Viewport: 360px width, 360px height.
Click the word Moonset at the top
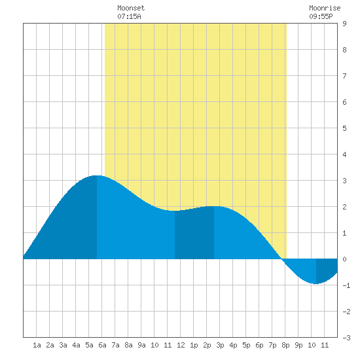click(131, 8)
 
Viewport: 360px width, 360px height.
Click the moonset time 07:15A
click(129, 16)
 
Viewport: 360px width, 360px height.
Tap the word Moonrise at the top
click(325, 8)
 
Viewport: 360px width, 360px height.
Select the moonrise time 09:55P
click(321, 16)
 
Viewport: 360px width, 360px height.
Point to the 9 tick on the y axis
click(344, 24)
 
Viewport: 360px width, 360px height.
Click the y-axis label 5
click(344, 128)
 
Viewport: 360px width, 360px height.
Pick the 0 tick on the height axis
click(344, 259)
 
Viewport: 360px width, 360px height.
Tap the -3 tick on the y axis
click(346, 338)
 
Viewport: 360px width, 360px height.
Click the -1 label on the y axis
click(346, 285)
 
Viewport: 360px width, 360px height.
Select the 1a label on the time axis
click(37, 345)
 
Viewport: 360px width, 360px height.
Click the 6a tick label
click(102, 345)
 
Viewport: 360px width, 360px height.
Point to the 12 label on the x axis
click(181, 345)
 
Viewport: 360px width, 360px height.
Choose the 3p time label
click(220, 345)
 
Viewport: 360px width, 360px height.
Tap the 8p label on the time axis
click(285, 345)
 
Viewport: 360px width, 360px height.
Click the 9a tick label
click(141, 345)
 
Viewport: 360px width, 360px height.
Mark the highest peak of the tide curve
click(97, 175)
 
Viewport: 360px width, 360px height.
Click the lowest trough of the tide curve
click(316, 284)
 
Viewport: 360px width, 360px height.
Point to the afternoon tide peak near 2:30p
click(214, 206)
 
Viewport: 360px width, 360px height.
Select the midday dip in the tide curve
click(175, 211)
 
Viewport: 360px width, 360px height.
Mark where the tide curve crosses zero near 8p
click(282, 259)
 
